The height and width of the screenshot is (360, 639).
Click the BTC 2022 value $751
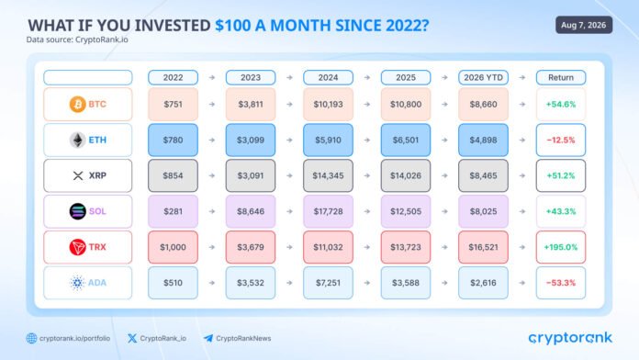[173, 105]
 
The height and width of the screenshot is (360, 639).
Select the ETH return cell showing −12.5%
[561, 140]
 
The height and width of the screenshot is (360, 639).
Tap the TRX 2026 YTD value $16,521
[483, 247]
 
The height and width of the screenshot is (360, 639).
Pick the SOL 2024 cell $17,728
[328, 211]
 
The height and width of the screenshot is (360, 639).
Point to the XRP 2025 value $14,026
[406, 175]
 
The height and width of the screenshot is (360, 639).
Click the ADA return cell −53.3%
[561, 283]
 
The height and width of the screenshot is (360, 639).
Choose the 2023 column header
[251, 77]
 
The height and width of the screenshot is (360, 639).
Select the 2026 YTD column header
[483, 77]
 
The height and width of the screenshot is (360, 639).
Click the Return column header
[561, 77]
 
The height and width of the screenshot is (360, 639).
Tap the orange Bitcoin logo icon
[77, 105]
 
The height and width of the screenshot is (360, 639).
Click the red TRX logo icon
[77, 247]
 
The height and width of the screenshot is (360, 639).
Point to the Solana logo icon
[77, 211]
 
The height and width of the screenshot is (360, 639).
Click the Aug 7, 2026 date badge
[584, 25]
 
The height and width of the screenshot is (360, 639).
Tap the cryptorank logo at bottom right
[570, 338]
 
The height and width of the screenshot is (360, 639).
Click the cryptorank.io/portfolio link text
[74, 338]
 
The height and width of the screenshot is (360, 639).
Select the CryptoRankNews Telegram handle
[243, 338]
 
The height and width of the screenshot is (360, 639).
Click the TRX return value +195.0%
[561, 247]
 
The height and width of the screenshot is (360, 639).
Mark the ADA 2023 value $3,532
[251, 283]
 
